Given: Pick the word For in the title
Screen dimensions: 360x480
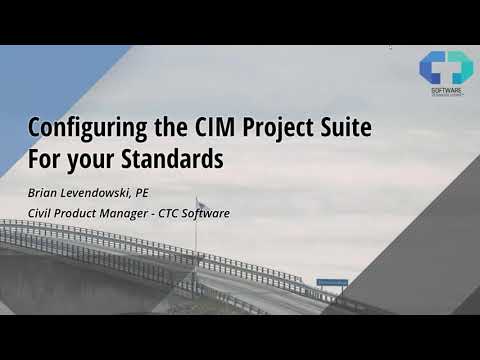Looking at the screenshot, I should [44, 158].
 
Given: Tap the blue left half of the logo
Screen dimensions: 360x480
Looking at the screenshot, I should [433, 67].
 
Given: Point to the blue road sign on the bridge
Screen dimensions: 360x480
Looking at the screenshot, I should [332, 283].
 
